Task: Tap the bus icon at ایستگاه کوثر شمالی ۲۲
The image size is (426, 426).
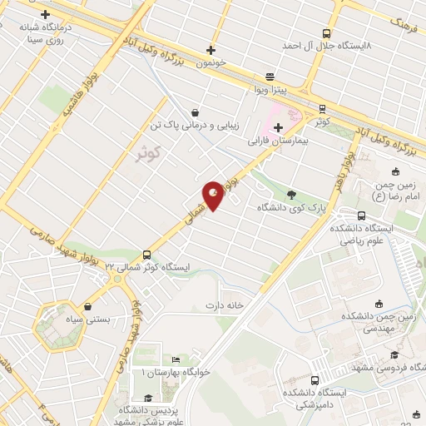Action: pyautogui.click(x=147, y=255)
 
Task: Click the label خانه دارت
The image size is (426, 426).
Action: pyautogui.click(x=222, y=305)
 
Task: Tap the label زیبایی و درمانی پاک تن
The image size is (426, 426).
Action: pyautogui.click(x=211, y=126)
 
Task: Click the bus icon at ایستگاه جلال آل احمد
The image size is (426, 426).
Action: pyautogui.click(x=324, y=34)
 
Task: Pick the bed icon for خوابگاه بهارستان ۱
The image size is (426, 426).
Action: pyautogui.click(x=175, y=359)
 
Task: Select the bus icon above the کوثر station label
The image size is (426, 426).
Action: pyautogui.click(x=321, y=108)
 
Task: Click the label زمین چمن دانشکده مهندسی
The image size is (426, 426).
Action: pyautogui.click(x=384, y=321)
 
